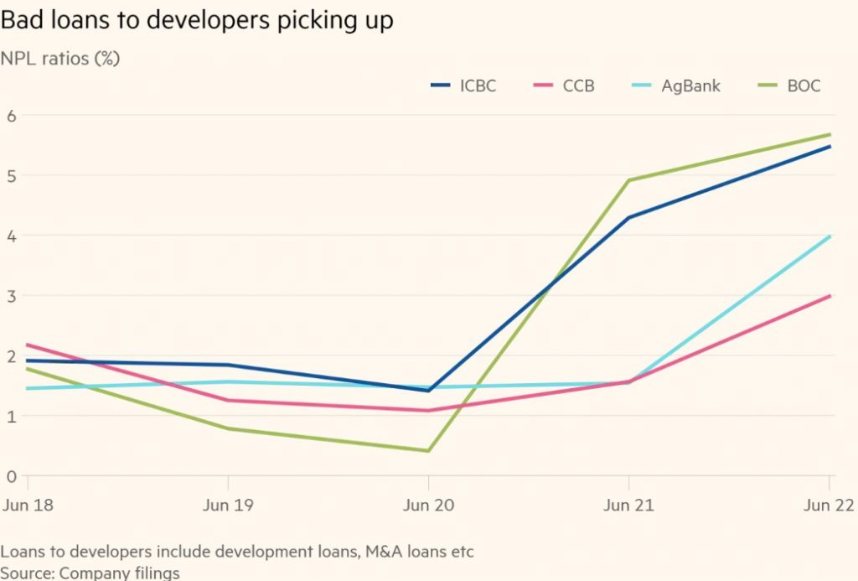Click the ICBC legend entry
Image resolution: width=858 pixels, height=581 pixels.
pos(463,86)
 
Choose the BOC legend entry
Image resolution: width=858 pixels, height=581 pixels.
pos(792,86)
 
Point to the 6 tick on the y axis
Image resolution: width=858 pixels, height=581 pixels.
pos(12,116)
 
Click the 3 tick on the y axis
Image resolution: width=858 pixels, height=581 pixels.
pos(12,296)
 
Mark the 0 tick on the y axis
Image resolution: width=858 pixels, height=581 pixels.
pos(12,476)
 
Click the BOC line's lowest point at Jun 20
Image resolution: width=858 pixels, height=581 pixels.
pos(428,451)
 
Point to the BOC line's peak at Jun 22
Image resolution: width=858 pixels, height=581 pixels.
pos(830,134)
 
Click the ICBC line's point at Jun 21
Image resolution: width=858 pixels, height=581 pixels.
pos(628,218)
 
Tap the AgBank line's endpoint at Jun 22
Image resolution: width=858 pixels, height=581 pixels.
pos(830,236)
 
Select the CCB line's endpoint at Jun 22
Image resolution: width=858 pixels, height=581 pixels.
pos(830,296)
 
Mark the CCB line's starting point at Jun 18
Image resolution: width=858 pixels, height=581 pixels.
pos(28,345)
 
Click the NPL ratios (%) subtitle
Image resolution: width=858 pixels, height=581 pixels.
pos(59,61)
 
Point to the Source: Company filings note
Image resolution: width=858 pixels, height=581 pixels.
pos(90,573)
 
